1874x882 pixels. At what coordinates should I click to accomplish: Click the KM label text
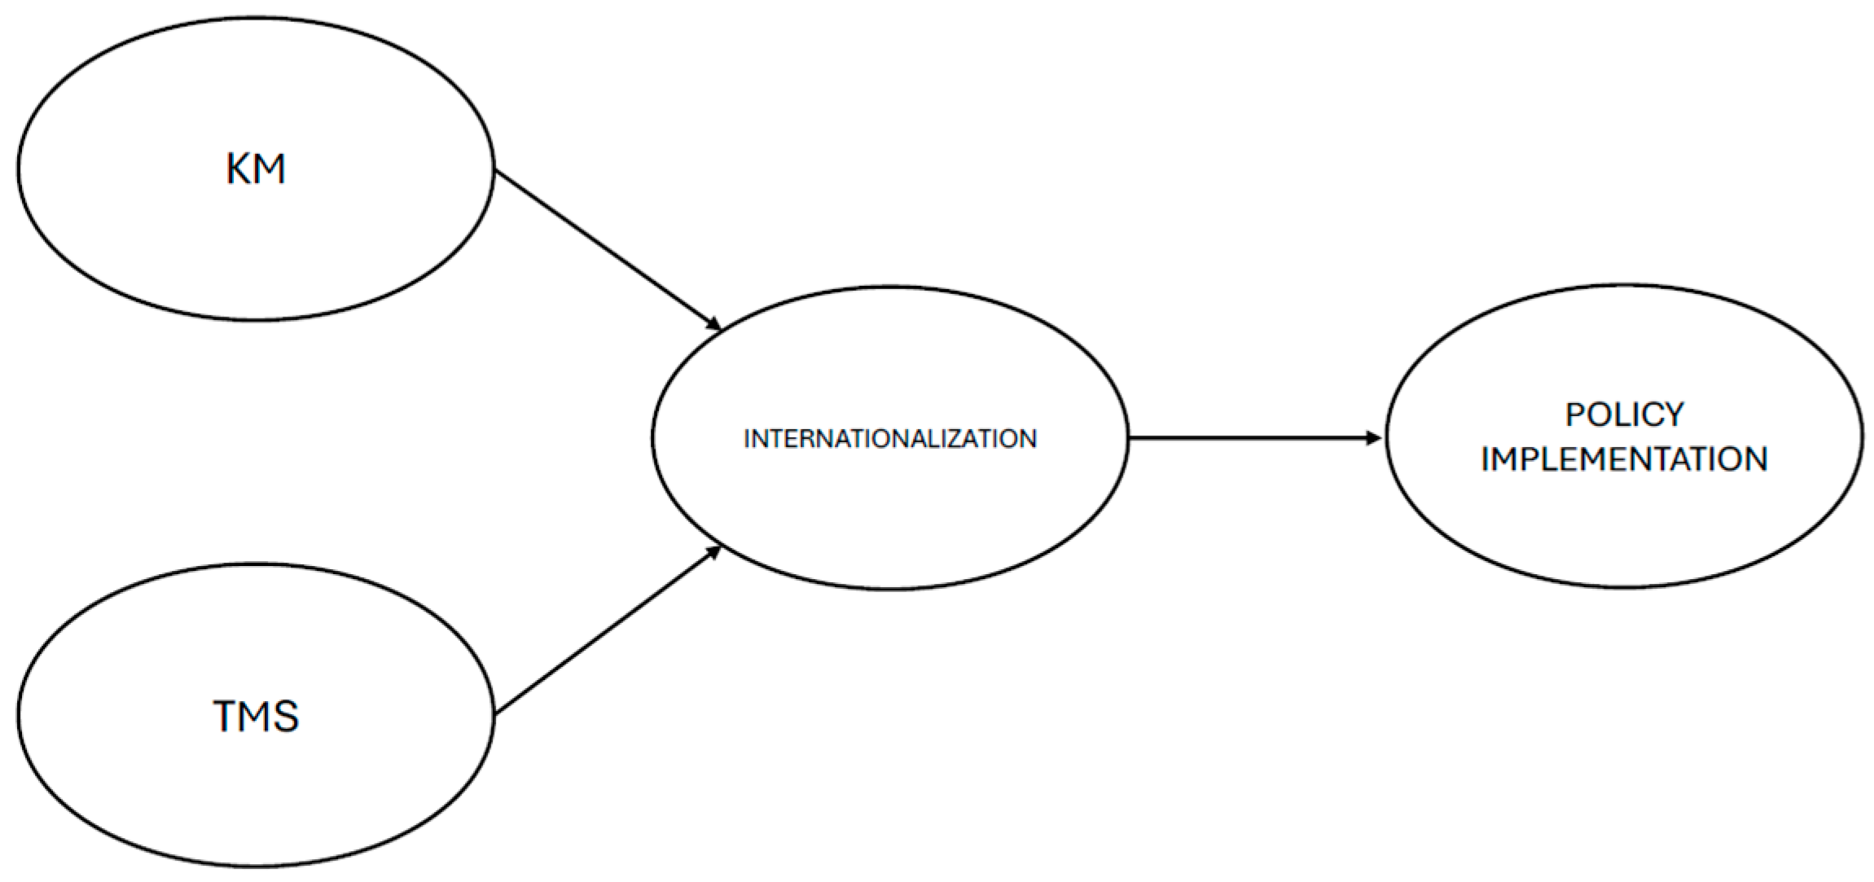pyautogui.click(x=256, y=169)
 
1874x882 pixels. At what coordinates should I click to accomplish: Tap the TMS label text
pyautogui.click(x=256, y=717)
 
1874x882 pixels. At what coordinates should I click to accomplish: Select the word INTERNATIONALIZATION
pyautogui.click(x=890, y=439)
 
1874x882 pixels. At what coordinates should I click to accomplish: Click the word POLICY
pyautogui.click(x=1624, y=415)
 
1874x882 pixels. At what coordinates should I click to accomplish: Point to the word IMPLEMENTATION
pyautogui.click(x=1624, y=459)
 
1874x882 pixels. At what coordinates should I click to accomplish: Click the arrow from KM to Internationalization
pyautogui.click(x=607, y=249)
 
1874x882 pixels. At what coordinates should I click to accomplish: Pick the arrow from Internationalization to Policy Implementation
pyautogui.click(x=1254, y=438)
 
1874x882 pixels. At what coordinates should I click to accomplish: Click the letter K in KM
pyautogui.click(x=239, y=169)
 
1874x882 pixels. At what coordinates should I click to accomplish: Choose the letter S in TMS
pyautogui.click(x=287, y=717)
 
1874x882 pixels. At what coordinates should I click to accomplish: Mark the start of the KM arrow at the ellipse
pyautogui.click(x=498, y=172)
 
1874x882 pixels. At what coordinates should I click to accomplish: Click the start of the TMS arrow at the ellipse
pyautogui.click(x=498, y=713)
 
